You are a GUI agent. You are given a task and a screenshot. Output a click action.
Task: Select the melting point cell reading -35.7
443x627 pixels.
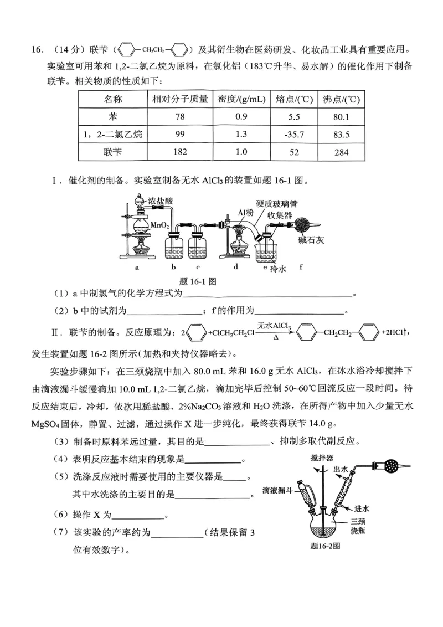294,135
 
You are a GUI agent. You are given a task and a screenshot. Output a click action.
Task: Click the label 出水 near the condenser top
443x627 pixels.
341,469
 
